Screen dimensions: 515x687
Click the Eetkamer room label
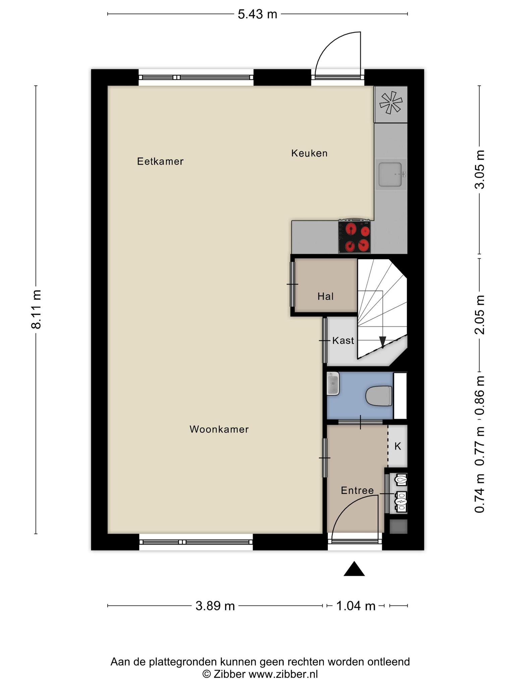pos(160,162)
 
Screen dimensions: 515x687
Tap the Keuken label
pos(309,153)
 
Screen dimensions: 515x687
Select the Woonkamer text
pos(219,429)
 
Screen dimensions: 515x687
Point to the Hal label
pos(326,296)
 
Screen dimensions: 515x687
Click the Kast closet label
pos(343,341)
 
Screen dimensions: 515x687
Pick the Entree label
pos(357,491)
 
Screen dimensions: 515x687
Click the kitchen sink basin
pos(391,174)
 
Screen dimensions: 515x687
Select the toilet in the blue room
pos(379,396)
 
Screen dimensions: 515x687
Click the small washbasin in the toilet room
pos(333,383)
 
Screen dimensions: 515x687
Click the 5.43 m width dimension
pos(257,14)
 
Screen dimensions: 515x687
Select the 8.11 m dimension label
pos(36,309)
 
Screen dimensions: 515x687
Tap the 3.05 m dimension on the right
pos(479,169)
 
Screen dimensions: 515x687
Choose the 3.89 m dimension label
pos(215,606)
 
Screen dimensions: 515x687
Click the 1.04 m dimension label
pos(356,606)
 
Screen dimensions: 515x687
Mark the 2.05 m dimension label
pos(479,315)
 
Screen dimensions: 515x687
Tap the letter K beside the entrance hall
pos(398,446)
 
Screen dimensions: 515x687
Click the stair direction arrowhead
pos(383,342)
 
